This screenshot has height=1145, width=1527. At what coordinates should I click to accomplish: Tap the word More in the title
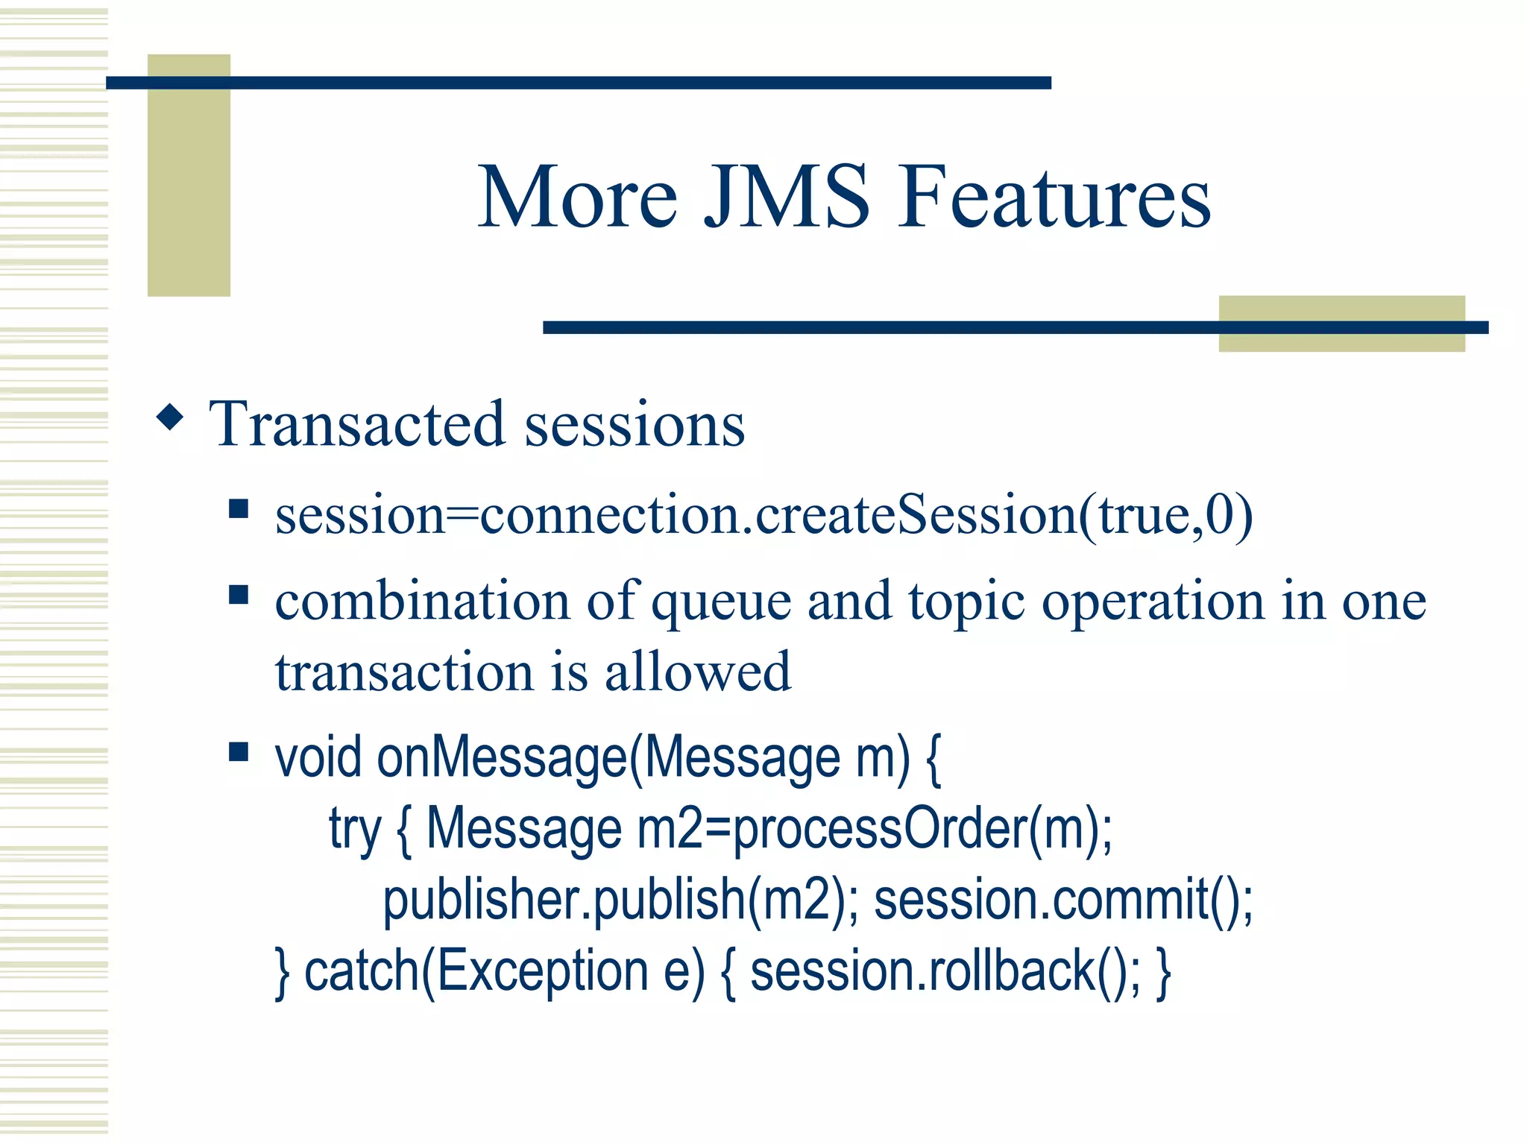tap(577, 197)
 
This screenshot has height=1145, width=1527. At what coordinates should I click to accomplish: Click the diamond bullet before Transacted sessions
tap(171, 417)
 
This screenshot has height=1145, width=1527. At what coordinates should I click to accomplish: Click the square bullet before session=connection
tap(239, 509)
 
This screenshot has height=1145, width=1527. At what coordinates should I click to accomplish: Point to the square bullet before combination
tap(239, 595)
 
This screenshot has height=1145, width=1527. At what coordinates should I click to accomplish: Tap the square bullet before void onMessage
tap(239, 751)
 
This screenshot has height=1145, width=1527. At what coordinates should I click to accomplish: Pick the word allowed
tap(697, 671)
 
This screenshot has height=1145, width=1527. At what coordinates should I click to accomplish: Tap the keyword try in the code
tap(355, 829)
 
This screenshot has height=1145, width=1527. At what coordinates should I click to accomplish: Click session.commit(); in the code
tap(1063, 900)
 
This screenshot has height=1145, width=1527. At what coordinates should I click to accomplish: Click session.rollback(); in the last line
tap(945, 971)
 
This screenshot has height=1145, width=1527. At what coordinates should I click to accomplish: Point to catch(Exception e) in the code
tap(504, 971)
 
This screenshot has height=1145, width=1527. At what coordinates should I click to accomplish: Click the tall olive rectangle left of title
tap(189, 175)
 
